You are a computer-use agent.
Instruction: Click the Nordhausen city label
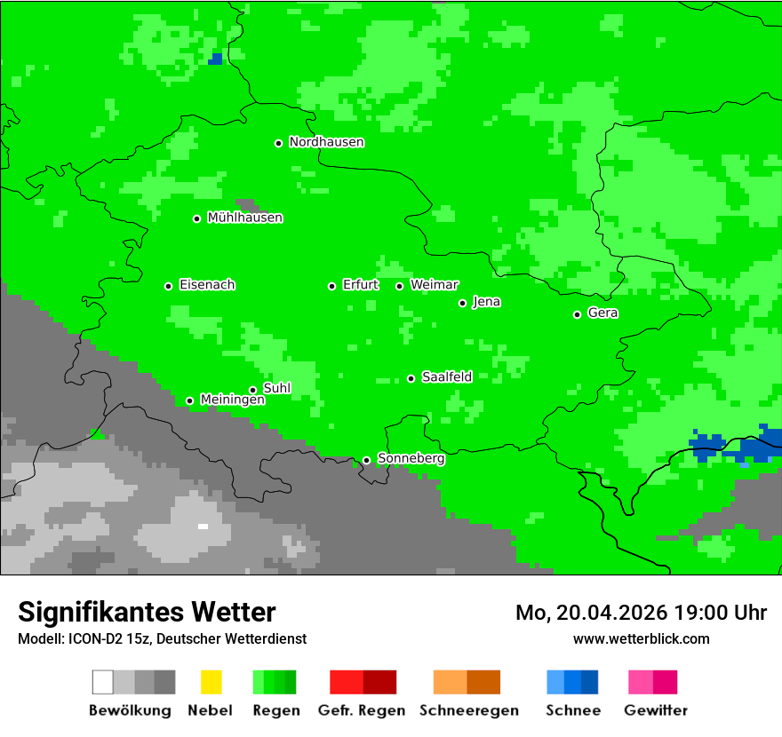(326, 142)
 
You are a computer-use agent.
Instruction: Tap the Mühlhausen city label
(244, 218)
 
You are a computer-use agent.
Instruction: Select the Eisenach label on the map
(207, 285)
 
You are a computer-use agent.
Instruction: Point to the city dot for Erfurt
(331, 286)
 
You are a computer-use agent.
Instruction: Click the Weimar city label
(434, 285)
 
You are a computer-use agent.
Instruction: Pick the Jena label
(486, 302)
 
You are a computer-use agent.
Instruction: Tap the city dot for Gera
(577, 314)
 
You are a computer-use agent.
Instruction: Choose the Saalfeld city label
(447, 377)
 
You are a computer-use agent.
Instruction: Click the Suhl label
(277, 388)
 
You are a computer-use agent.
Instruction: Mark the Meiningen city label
(232, 400)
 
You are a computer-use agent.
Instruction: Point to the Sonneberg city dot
(366, 460)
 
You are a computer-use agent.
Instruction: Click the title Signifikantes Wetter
(147, 612)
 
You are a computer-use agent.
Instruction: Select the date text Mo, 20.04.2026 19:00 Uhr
(641, 613)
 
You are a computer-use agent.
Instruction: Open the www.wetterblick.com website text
(641, 638)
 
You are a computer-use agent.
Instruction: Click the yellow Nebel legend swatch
(211, 682)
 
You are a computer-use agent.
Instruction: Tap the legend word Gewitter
(655, 710)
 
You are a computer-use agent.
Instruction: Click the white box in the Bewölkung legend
(103, 682)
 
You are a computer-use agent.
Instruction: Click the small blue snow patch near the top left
(215, 59)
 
